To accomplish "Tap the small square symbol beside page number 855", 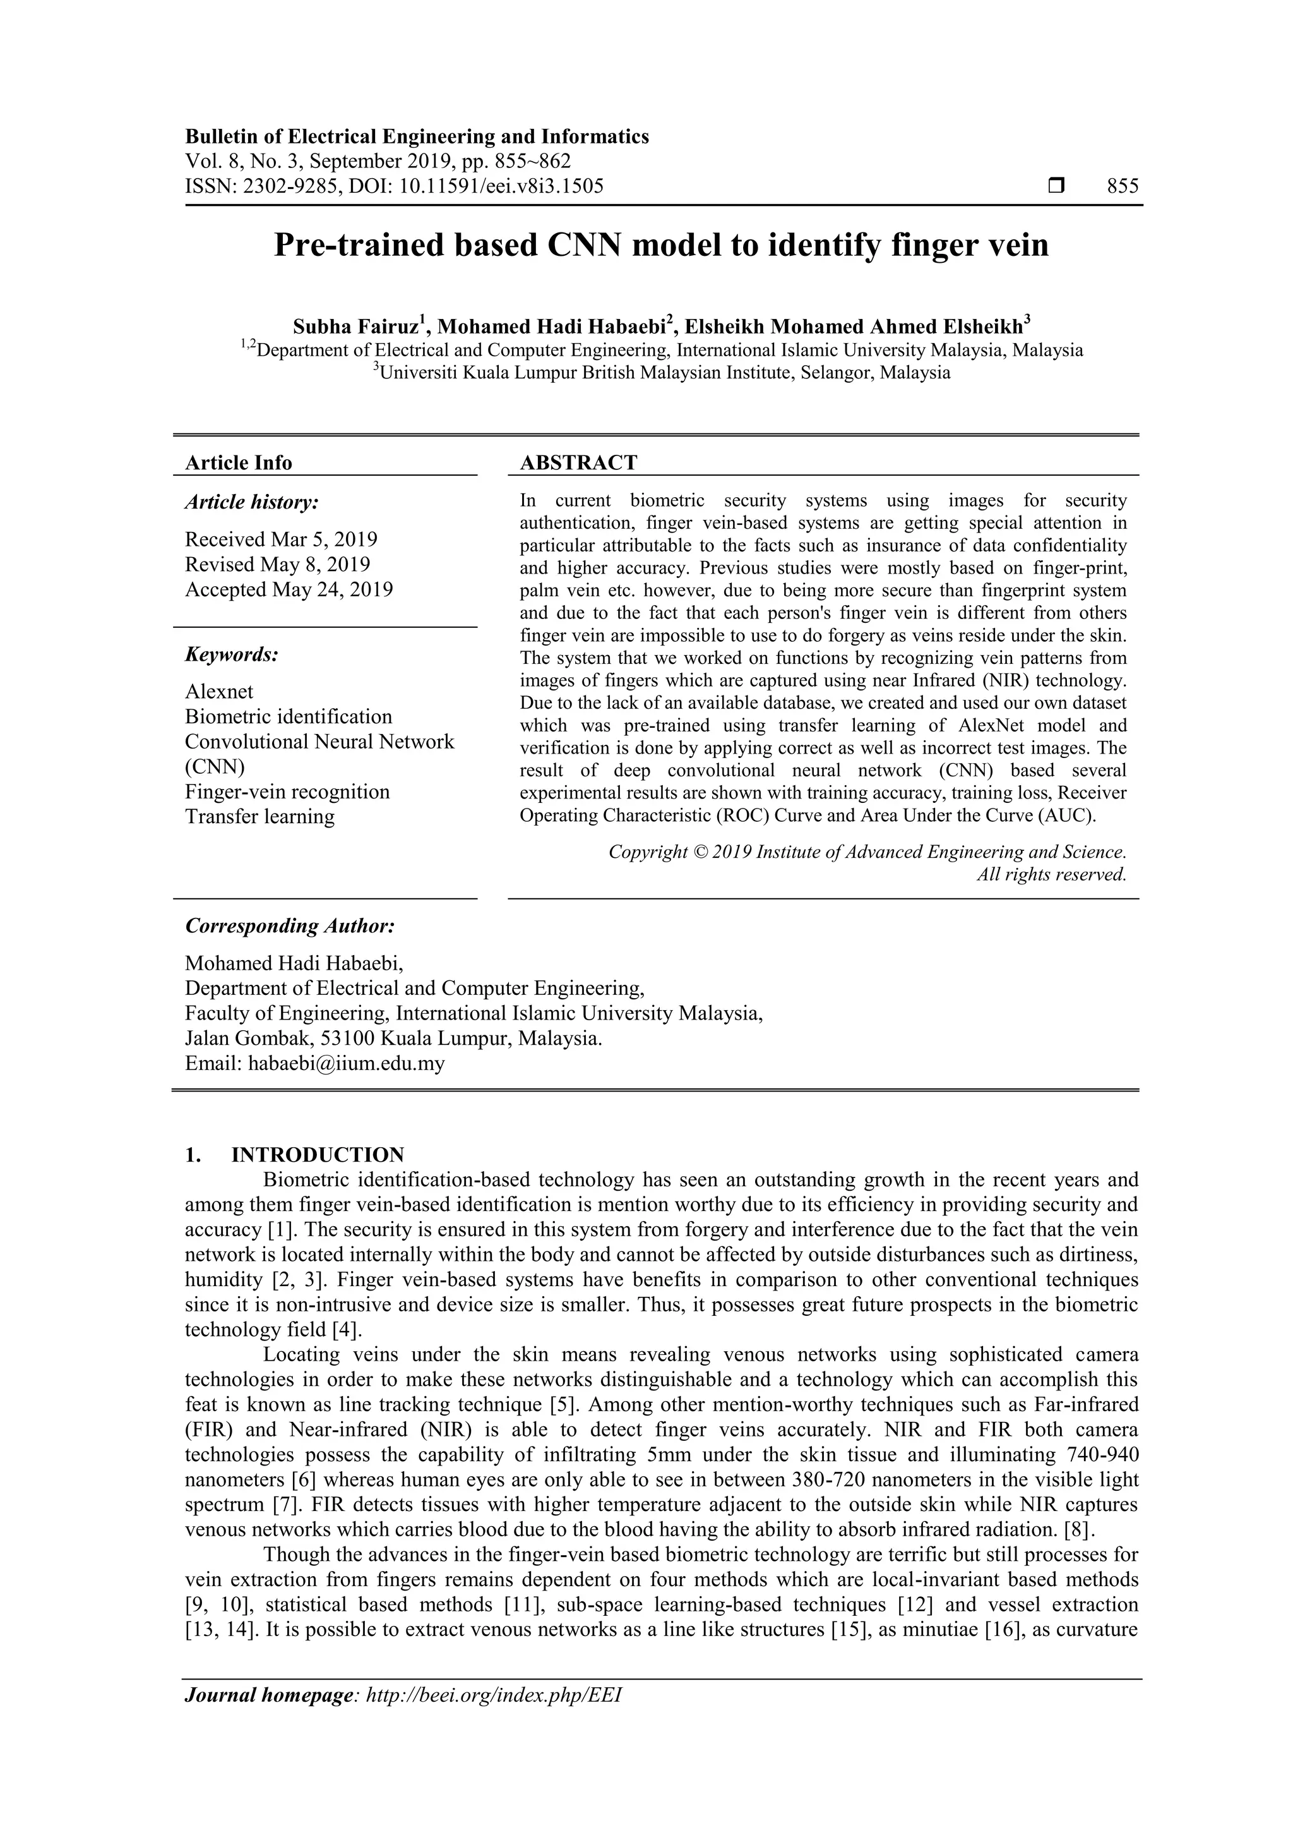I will pyautogui.click(x=1056, y=186).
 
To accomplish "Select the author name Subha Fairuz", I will pyautogui.click(x=355, y=327).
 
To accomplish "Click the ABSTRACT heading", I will pyautogui.click(x=578, y=463).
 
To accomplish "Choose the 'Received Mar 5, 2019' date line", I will pyautogui.click(x=281, y=539).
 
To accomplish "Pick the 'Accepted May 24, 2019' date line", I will pyautogui.click(x=289, y=590).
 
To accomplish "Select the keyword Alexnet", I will pyautogui.click(x=219, y=692).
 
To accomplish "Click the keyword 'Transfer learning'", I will pyautogui.click(x=259, y=817).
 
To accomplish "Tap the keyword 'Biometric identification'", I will pyautogui.click(x=289, y=716).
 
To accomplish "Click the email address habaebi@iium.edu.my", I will pyautogui.click(x=347, y=1063).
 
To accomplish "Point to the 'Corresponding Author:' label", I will pyautogui.click(x=290, y=926).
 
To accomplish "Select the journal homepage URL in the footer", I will pyautogui.click(x=492, y=1717).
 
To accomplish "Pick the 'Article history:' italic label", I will pyautogui.click(x=252, y=502).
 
